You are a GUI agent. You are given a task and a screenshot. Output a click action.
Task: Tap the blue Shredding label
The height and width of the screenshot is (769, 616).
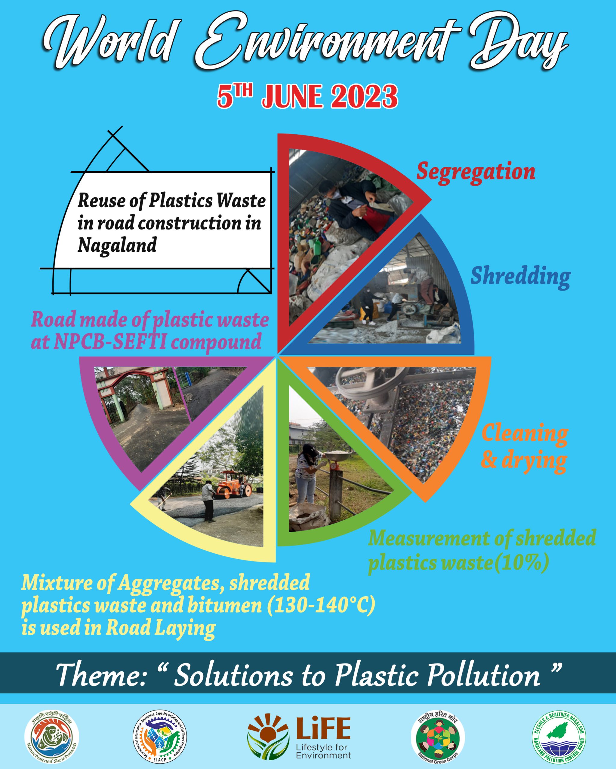[520, 276]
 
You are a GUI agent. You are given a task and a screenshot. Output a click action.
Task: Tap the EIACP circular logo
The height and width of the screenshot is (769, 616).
[160, 737]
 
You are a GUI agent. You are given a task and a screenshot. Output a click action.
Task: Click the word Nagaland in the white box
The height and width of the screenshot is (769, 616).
[117, 245]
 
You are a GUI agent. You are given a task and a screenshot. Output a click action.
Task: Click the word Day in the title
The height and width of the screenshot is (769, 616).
[518, 46]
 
